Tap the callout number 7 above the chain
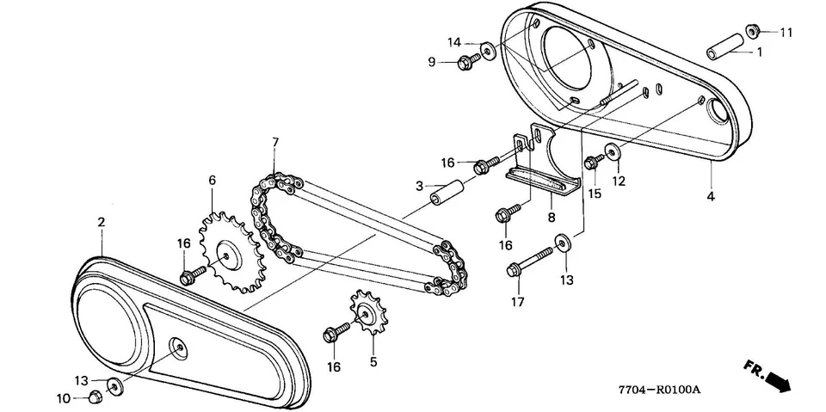tap(274, 141)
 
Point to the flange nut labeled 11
tap(751, 32)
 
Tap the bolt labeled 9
tap(470, 60)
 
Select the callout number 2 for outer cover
tap(101, 222)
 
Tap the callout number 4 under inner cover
tap(712, 197)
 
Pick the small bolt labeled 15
tap(592, 161)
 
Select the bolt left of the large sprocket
tap(192, 275)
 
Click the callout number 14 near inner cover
tap(453, 42)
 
